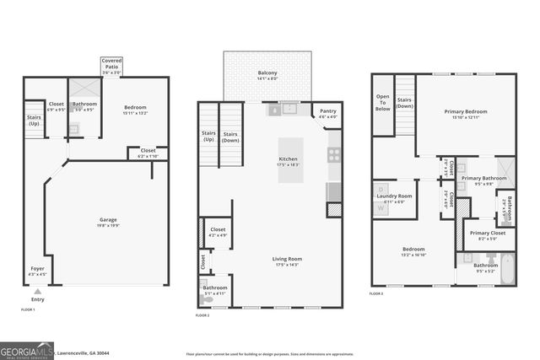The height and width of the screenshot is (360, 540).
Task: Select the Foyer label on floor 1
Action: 37,271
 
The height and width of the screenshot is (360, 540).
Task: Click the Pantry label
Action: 327,113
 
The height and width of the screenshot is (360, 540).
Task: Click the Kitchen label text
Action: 289,160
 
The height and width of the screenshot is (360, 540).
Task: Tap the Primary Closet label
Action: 487,236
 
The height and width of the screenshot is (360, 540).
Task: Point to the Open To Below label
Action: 383,103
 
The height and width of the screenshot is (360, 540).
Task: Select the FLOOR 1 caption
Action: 28,309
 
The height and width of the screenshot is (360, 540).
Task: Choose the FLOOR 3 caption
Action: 375,293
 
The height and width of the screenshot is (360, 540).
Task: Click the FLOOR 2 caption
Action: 202,315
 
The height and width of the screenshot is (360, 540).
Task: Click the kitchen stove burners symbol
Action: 334,155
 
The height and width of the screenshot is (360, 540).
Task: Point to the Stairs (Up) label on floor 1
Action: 35,120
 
